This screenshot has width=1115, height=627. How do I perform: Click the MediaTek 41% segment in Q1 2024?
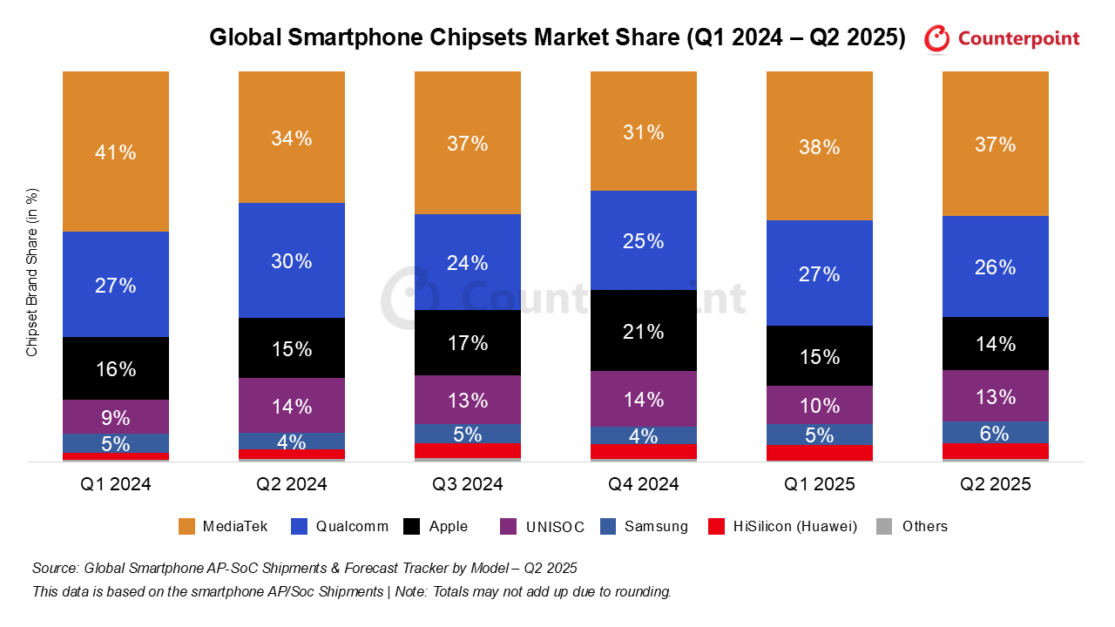pyautogui.click(x=116, y=152)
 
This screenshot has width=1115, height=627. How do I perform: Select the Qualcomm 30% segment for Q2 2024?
pyautogui.click(x=292, y=260)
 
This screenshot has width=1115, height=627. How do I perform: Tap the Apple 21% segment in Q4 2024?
pyautogui.click(x=644, y=331)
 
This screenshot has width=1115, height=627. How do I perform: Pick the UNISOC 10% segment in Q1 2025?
pyautogui.click(x=820, y=405)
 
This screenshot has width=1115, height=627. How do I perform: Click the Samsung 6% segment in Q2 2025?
pyautogui.click(x=996, y=433)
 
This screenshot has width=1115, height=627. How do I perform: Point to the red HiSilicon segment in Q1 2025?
pyautogui.click(x=820, y=453)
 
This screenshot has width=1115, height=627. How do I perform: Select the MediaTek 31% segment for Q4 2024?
pyautogui.click(x=644, y=131)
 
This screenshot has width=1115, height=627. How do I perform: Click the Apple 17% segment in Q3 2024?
pyautogui.click(x=468, y=343)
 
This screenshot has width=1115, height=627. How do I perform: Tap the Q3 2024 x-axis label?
pyautogui.click(x=468, y=484)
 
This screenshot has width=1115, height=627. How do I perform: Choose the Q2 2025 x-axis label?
pyautogui.click(x=996, y=484)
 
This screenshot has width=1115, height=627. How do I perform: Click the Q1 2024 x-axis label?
pyautogui.click(x=116, y=484)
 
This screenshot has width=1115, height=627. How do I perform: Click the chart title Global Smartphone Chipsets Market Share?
pyautogui.click(x=557, y=38)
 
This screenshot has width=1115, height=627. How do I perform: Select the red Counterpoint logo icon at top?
pyautogui.click(x=937, y=39)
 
